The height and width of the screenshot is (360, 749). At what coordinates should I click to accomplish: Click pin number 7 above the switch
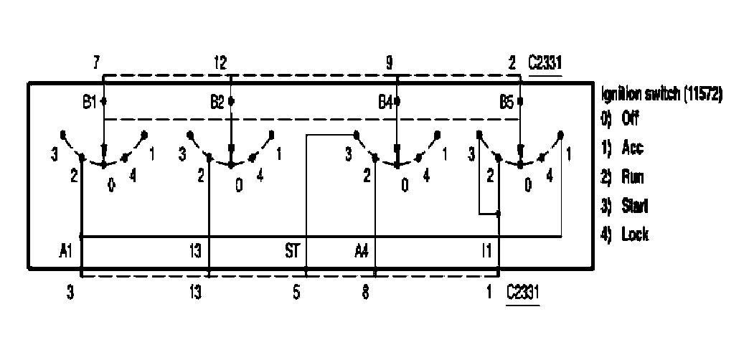pos(96,63)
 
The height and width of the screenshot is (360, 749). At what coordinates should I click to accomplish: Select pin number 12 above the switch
pos(221,63)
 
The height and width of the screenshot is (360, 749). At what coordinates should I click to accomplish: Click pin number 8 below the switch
pos(365,293)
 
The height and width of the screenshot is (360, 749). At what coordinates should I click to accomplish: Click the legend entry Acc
pos(623,148)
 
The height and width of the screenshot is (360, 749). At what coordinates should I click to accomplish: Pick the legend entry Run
pos(623,177)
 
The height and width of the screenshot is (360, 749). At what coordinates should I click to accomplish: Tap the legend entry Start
pos(625,206)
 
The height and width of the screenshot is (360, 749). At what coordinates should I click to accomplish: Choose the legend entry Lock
pos(625,235)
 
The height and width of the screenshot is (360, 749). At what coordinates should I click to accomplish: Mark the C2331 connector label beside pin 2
pos(545,63)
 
